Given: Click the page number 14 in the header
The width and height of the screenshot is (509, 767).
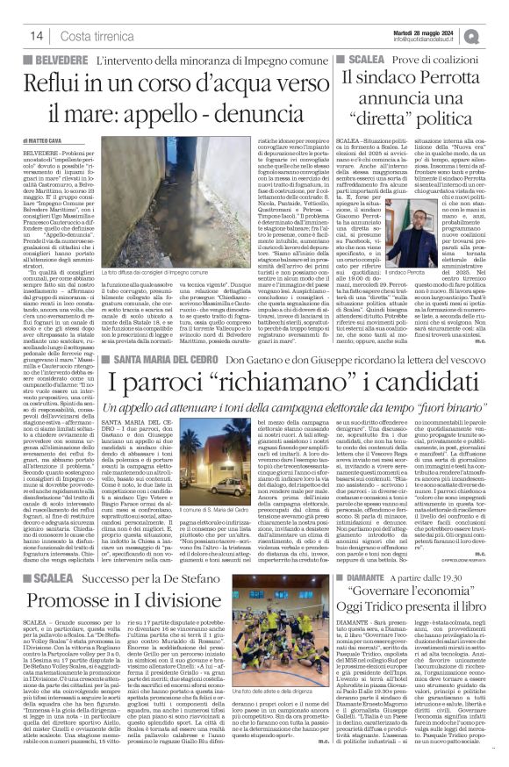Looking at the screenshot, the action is coord(36,36).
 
